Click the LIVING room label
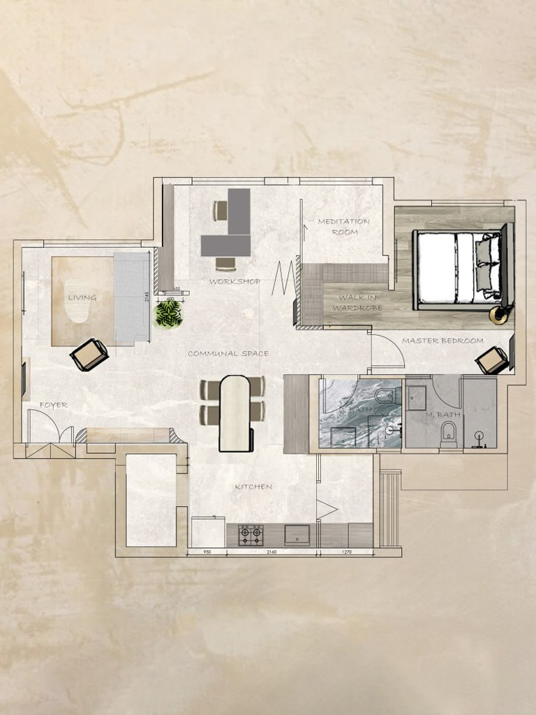pos(82,297)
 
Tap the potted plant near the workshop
pos(168,314)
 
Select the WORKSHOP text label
pos(234,282)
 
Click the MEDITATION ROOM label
pos(343,226)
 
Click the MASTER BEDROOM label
pos(442,341)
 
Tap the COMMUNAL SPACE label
pos(228,354)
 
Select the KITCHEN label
pos(253,487)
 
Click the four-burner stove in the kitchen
pos(250,536)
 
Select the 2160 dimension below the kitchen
pos(271,552)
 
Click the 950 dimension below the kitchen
pos(207,552)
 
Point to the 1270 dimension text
pos(346,552)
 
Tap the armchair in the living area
pos(89,355)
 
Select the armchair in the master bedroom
pos(491,360)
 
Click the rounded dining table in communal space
pos(234,413)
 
